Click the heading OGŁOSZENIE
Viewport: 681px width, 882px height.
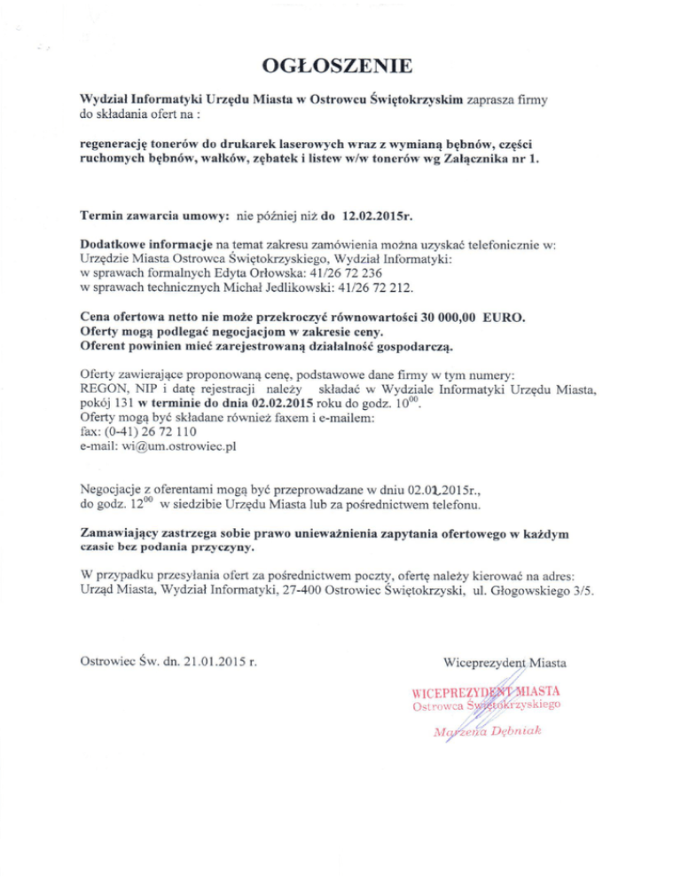point(340,67)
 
